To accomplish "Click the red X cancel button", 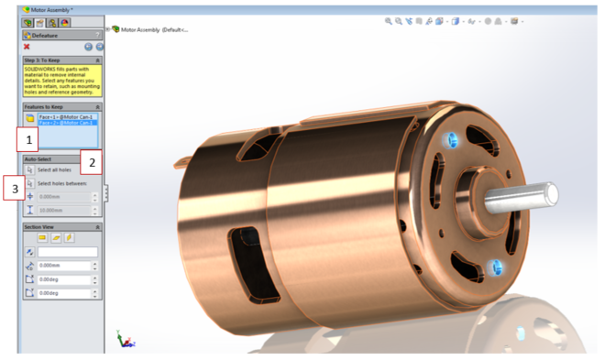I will (x=27, y=46).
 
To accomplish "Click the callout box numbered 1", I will (x=30, y=139).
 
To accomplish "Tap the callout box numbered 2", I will (x=92, y=163).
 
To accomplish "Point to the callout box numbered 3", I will (x=13, y=189).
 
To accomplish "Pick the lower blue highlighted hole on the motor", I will (x=496, y=268).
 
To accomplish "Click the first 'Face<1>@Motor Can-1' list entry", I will (x=66, y=116).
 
